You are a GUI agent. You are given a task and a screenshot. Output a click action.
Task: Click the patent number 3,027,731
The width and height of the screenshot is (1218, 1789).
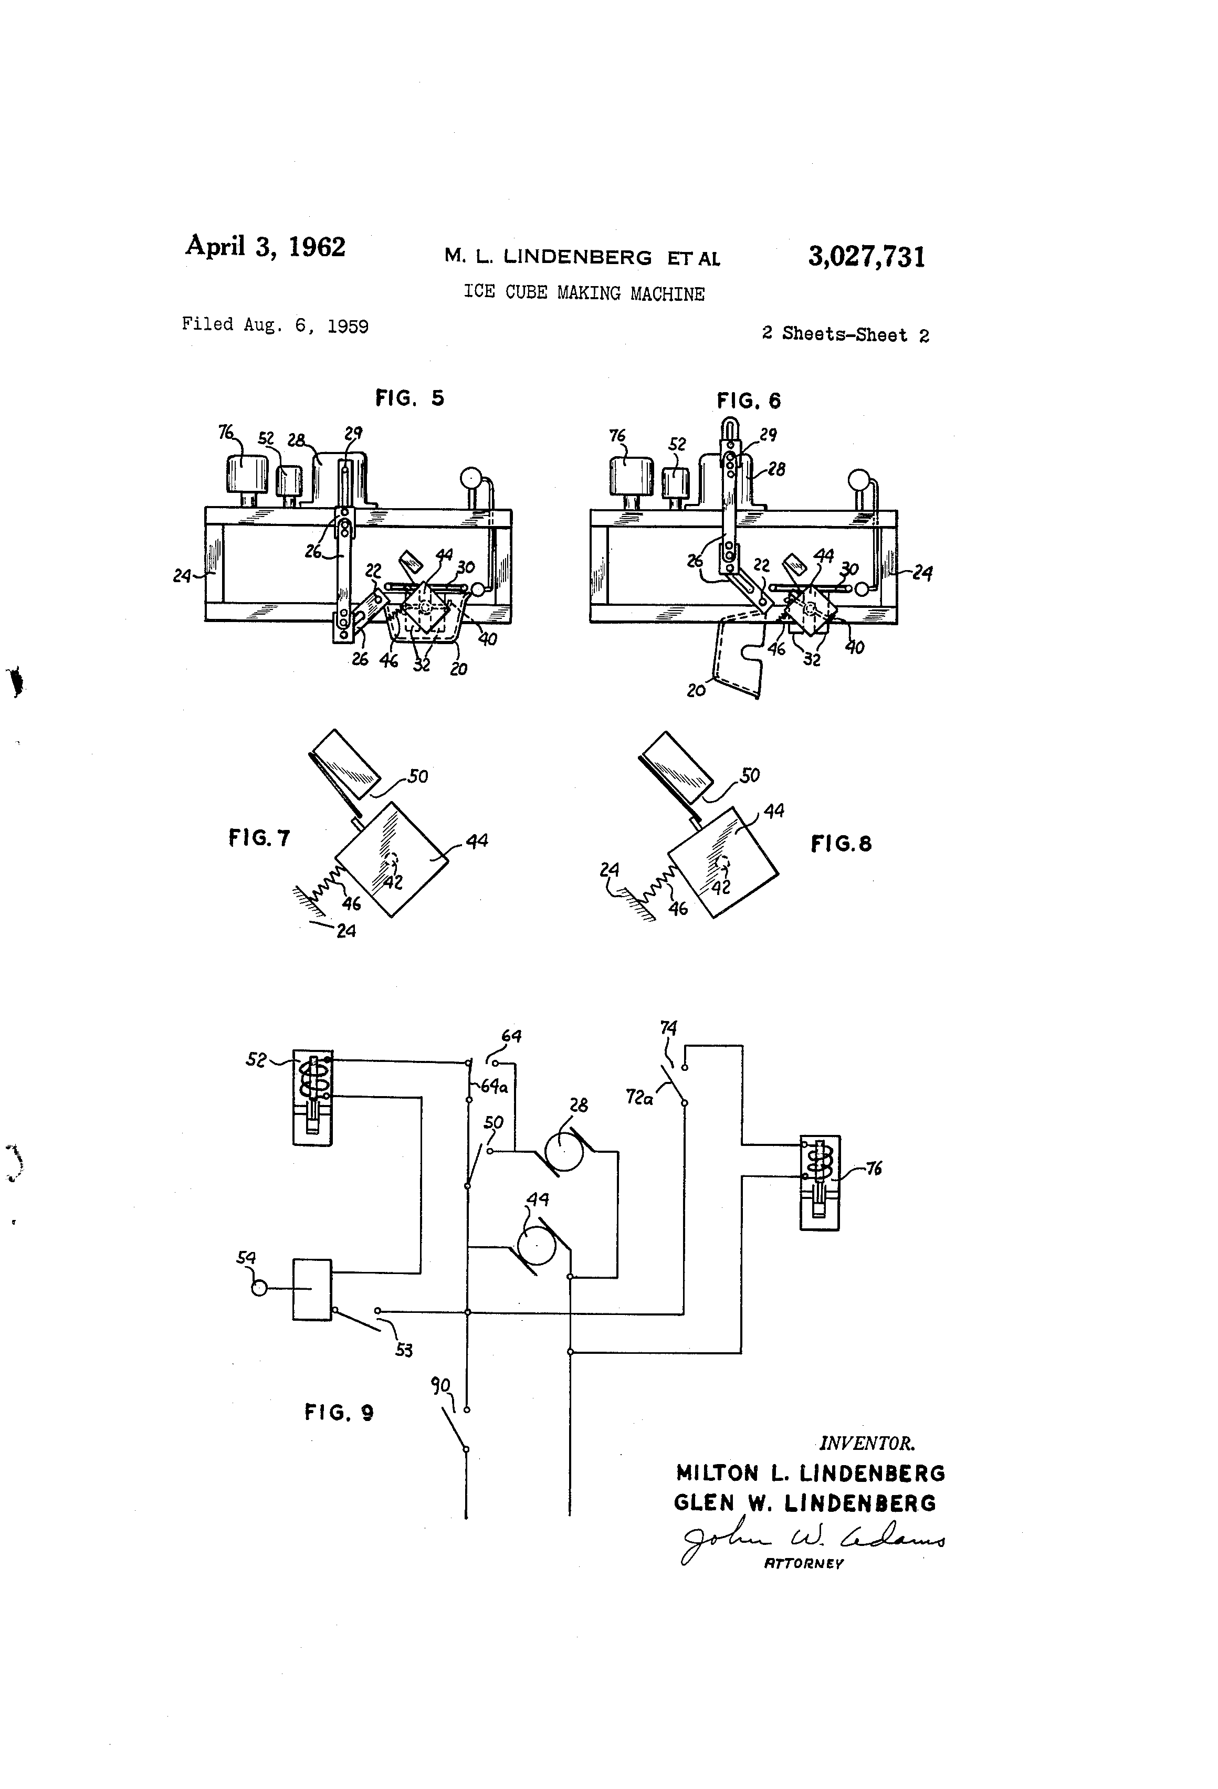(866, 256)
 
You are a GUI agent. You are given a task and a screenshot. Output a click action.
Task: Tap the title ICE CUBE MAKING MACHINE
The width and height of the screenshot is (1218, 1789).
(584, 293)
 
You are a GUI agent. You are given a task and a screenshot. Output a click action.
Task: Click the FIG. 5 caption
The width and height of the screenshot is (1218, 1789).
(409, 398)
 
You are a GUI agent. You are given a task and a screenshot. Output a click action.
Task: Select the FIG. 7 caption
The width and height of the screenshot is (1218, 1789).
(259, 837)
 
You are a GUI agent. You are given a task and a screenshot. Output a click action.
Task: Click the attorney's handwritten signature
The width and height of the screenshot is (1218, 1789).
(812, 1541)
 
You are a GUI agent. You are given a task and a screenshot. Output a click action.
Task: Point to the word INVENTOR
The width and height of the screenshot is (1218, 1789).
(867, 1444)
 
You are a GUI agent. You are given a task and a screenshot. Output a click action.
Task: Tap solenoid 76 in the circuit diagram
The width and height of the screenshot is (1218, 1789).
(820, 1182)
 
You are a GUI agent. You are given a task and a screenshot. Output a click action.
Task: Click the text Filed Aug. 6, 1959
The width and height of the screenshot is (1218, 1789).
(275, 325)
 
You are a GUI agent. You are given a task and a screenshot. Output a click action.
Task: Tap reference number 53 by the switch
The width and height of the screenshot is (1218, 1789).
(403, 1350)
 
